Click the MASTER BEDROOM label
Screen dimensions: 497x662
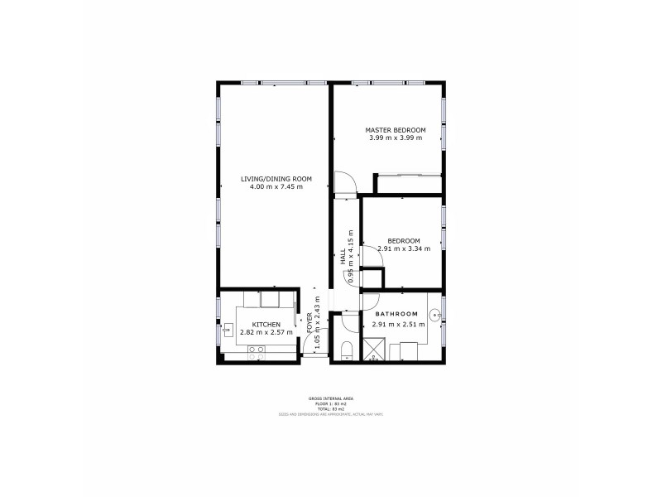(396, 130)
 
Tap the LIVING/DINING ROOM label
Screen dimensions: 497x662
(276, 179)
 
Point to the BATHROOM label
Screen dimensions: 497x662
(396, 315)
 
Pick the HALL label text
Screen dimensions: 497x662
(343, 257)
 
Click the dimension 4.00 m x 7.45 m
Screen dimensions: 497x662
(276, 187)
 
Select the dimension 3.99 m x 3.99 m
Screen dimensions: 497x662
(396, 138)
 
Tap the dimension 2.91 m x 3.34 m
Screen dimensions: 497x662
(404, 248)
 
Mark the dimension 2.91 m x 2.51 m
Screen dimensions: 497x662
(400, 325)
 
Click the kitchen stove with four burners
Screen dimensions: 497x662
(257, 350)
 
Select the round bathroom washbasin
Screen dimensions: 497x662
(434, 315)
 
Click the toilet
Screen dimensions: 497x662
(347, 348)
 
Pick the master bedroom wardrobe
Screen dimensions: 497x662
(407, 176)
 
